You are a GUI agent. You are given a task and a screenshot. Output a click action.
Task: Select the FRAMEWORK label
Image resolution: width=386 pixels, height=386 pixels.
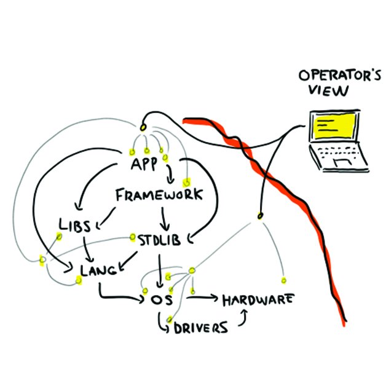tap(159, 196)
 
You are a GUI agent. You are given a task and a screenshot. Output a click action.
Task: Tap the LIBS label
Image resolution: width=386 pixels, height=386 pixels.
tap(75, 225)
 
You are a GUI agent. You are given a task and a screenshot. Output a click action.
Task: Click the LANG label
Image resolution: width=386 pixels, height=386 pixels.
tap(99, 269)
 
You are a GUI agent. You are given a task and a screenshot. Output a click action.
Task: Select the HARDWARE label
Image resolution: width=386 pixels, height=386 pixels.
tap(258, 300)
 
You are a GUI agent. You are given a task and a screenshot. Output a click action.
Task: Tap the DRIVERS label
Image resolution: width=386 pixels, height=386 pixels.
tap(200, 326)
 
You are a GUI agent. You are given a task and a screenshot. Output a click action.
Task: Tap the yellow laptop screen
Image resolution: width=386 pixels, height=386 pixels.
tap(333, 128)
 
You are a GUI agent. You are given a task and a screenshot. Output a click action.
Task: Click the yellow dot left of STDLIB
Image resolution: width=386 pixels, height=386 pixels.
tap(133, 236)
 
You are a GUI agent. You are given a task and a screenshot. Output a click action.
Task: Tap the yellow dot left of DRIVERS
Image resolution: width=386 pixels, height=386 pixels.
tap(168, 319)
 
